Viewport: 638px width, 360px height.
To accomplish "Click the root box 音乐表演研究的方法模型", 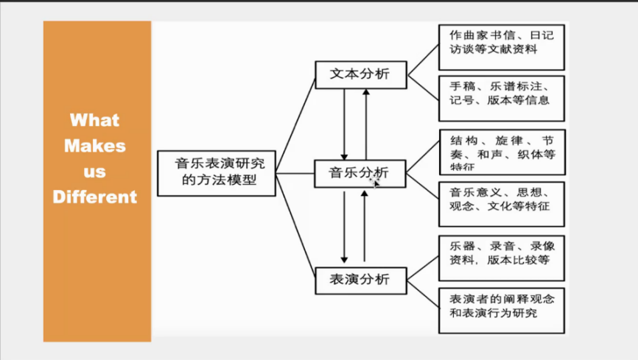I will pos(217,172).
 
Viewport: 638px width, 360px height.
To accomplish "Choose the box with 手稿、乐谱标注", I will pos(501,93).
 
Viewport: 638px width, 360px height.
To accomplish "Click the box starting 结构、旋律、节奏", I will pos(501,152).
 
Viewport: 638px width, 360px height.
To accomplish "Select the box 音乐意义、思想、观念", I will pos(501,200).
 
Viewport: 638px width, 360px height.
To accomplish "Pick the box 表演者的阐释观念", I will pos(501,306).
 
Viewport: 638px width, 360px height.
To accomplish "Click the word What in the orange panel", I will pos(94,120).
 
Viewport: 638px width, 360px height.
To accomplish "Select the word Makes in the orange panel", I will pos(94,146).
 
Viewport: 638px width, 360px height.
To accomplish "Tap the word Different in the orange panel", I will pos(94,197).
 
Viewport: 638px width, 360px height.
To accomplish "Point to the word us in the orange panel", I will pos(94,172).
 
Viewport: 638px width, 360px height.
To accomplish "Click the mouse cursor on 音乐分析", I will pos(376,181).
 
